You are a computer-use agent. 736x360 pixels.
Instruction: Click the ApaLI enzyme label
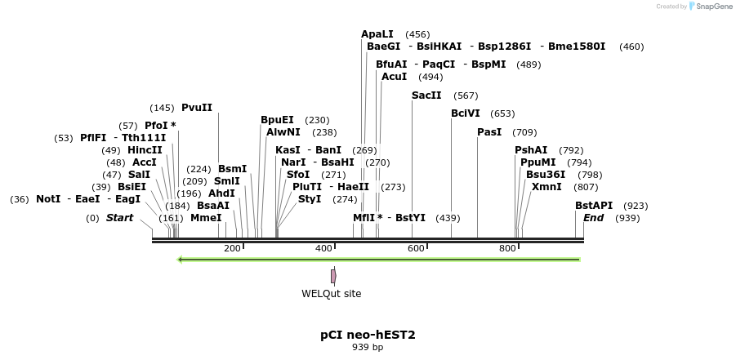coord(377,34)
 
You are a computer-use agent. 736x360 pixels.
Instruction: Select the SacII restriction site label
coord(426,96)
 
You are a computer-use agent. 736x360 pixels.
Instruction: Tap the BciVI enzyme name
coord(466,113)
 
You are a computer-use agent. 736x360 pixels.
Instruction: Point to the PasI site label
coord(489,132)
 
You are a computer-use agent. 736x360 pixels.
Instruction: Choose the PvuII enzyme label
coord(197,108)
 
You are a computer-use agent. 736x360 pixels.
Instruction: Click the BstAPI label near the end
coord(594,206)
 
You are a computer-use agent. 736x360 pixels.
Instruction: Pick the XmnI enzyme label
coord(546,187)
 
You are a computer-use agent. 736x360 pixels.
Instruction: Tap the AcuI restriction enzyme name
coord(394,77)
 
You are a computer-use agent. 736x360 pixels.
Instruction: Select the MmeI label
coord(206,218)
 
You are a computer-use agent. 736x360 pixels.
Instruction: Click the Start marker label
coord(119,218)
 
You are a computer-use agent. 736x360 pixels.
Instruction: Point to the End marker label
coord(594,218)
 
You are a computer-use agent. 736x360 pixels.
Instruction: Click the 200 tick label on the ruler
coord(232,248)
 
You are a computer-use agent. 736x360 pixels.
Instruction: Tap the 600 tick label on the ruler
coord(416,248)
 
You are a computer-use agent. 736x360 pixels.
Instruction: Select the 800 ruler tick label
coord(507,248)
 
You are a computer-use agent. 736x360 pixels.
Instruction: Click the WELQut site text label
coord(331,294)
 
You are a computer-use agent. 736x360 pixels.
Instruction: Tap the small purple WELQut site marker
coord(333,276)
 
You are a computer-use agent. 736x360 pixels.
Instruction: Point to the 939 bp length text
coord(368,348)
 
